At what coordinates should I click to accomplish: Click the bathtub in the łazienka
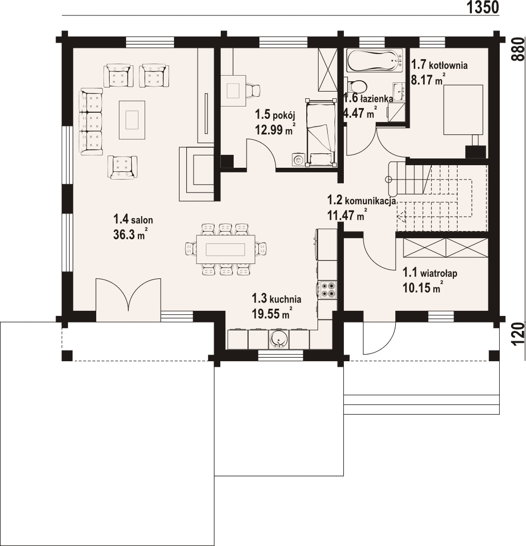click(x=375, y=60)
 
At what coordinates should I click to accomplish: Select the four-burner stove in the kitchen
click(x=327, y=290)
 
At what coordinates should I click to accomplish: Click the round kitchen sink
click(x=278, y=339)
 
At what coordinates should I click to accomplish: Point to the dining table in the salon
click(x=226, y=250)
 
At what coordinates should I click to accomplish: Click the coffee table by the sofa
click(x=132, y=120)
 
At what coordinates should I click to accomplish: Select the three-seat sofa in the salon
click(x=91, y=121)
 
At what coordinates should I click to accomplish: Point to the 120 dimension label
click(x=518, y=334)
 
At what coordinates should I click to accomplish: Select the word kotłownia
click(x=448, y=65)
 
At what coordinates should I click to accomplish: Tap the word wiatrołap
click(x=439, y=273)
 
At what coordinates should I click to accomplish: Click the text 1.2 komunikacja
click(x=361, y=201)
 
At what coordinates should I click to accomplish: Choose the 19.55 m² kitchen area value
click(x=272, y=313)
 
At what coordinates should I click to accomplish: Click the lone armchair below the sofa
click(x=122, y=167)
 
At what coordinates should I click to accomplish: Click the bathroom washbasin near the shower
click(x=399, y=91)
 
